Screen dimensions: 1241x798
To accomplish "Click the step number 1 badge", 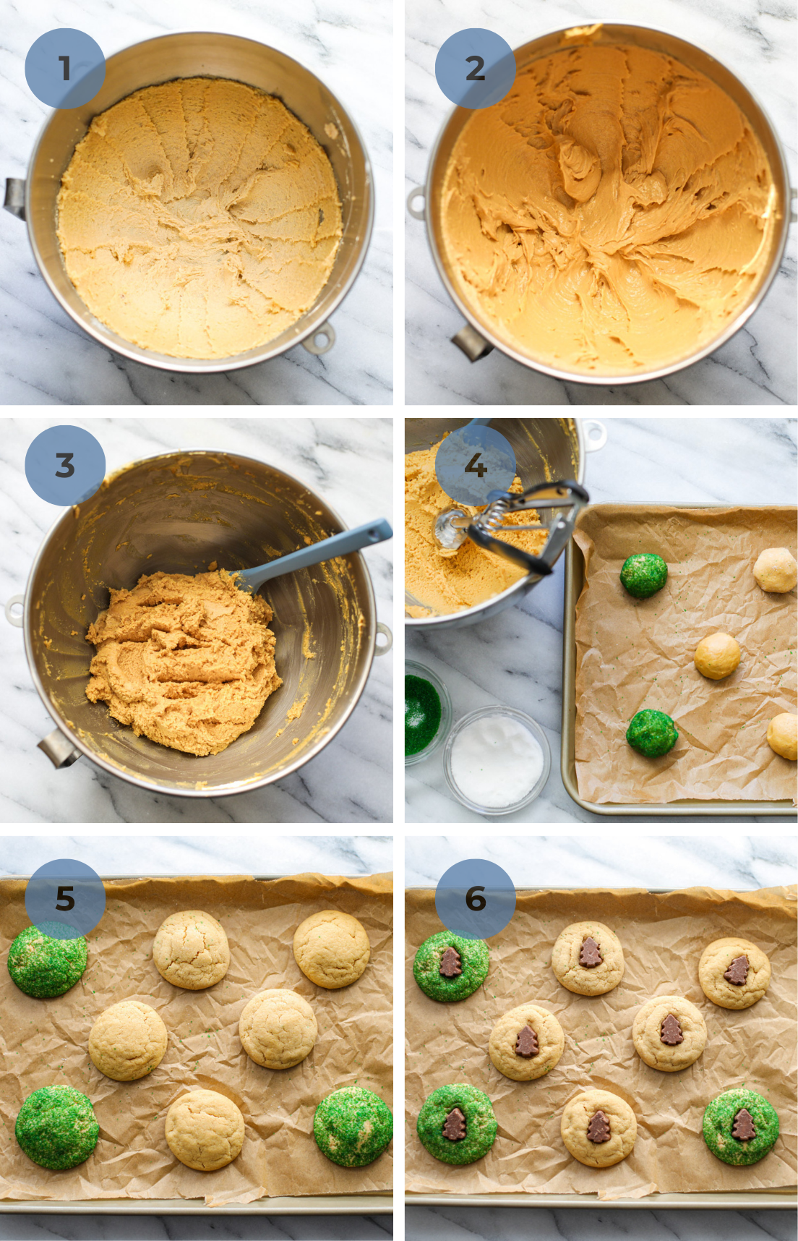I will (65, 69).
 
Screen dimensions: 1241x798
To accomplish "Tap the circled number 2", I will (475, 69).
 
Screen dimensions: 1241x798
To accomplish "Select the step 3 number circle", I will (65, 465).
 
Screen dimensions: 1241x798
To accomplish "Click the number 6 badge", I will (475, 899).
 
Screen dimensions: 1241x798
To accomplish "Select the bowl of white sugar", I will (497, 759).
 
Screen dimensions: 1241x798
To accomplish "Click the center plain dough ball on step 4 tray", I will (717, 655).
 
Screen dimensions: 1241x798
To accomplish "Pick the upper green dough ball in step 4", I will (643, 576).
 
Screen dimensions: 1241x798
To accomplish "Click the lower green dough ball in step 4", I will (651, 733).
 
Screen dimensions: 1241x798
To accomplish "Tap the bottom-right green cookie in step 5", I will (353, 1127).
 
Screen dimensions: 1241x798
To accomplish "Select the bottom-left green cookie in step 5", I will (57, 1127).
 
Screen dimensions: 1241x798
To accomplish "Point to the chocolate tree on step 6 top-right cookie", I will (737, 971).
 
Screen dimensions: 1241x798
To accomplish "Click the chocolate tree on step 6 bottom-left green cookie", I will (455, 1125).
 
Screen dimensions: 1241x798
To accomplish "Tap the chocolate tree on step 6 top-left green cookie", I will (450, 962).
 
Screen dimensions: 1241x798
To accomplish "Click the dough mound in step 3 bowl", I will (181, 658).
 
